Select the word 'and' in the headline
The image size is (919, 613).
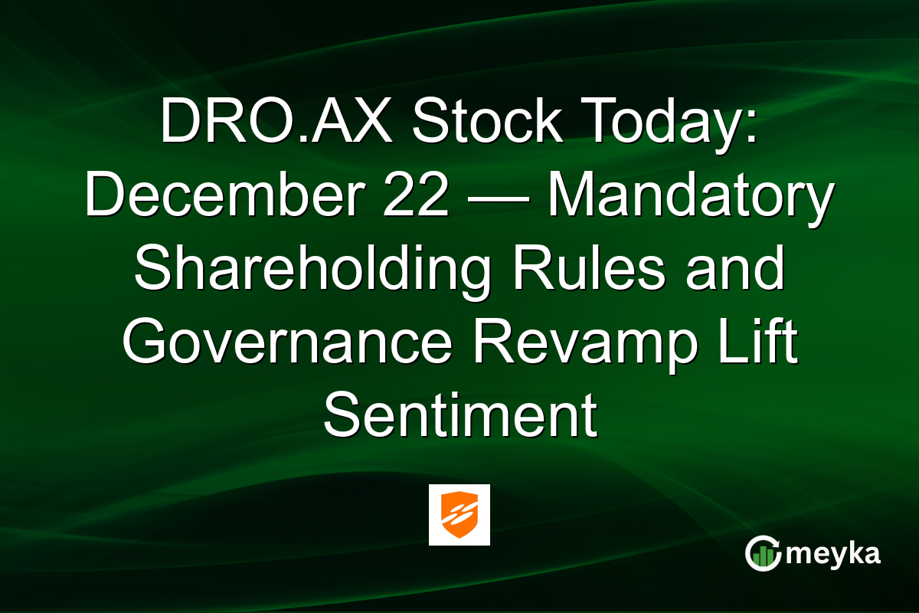pos(735,270)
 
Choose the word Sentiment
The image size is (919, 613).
pos(459,415)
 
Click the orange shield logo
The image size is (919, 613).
pos(459,514)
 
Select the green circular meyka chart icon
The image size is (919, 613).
pos(763,554)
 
